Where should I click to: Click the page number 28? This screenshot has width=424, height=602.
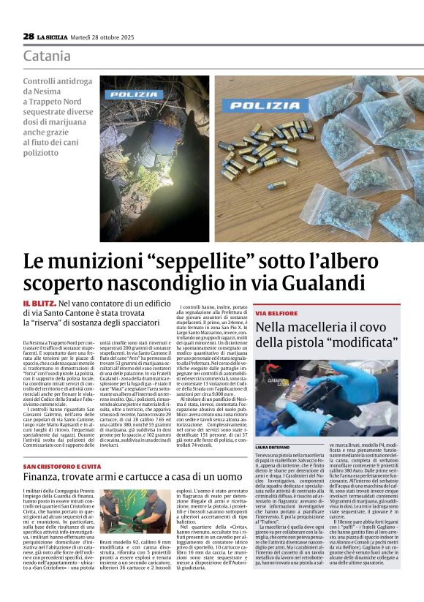click(x=28, y=36)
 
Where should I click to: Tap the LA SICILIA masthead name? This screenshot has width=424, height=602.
click(x=53, y=37)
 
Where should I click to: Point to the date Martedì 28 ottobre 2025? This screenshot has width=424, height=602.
click(x=106, y=37)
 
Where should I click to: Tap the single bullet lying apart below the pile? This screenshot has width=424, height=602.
click(x=276, y=185)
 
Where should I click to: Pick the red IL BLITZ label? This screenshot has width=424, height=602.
click(x=38, y=302)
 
